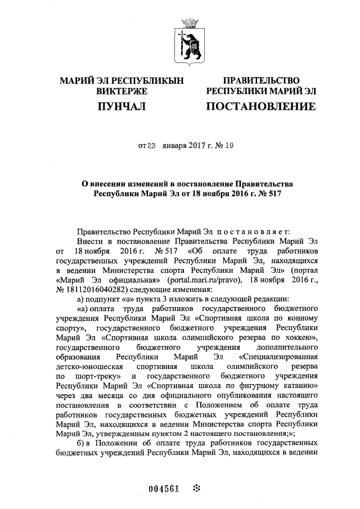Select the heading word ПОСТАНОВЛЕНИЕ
(260, 106)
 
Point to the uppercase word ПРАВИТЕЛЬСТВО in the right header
(260, 80)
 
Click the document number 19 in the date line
(228, 146)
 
